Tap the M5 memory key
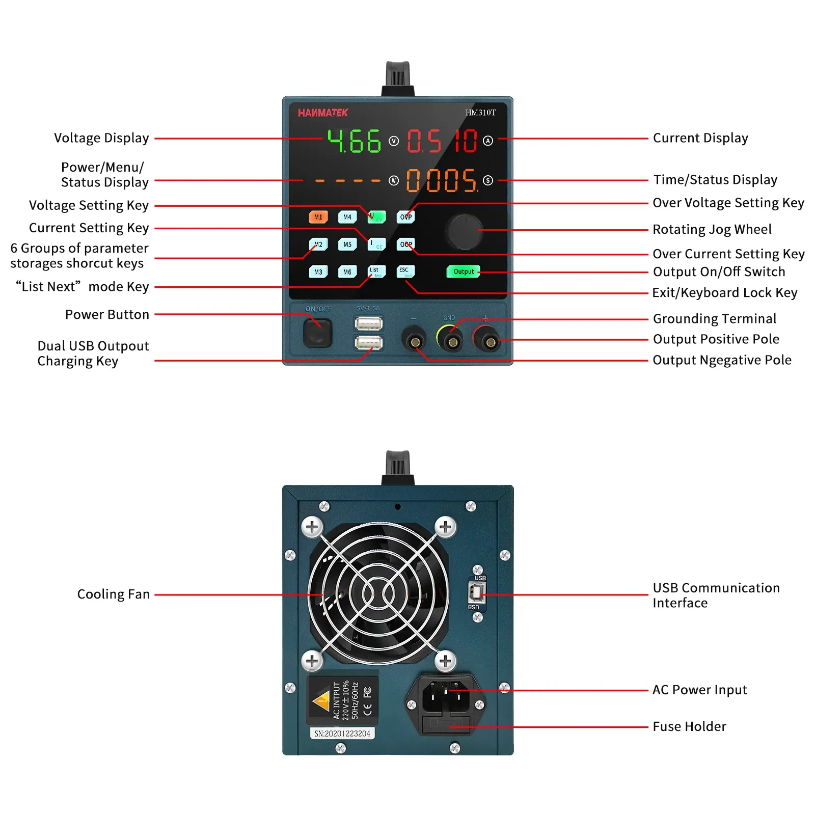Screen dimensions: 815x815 tap(347, 244)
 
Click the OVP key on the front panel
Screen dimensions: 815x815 tap(405, 217)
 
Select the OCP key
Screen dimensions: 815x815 tap(405, 244)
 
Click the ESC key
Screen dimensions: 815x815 tap(405, 271)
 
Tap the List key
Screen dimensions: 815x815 tap(376, 271)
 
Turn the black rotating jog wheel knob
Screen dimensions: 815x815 tap(465, 232)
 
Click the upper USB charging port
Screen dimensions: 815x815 tap(368, 324)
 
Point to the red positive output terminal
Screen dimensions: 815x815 tap(490, 342)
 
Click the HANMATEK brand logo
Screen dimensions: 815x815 tap(323, 113)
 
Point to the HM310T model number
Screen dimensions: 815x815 tap(480, 113)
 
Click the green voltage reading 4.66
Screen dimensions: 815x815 tap(355, 141)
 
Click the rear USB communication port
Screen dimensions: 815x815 tap(477, 592)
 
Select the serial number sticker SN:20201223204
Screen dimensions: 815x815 tap(342, 733)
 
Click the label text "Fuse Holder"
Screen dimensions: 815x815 tap(689, 726)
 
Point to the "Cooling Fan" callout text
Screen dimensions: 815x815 tap(113, 594)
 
